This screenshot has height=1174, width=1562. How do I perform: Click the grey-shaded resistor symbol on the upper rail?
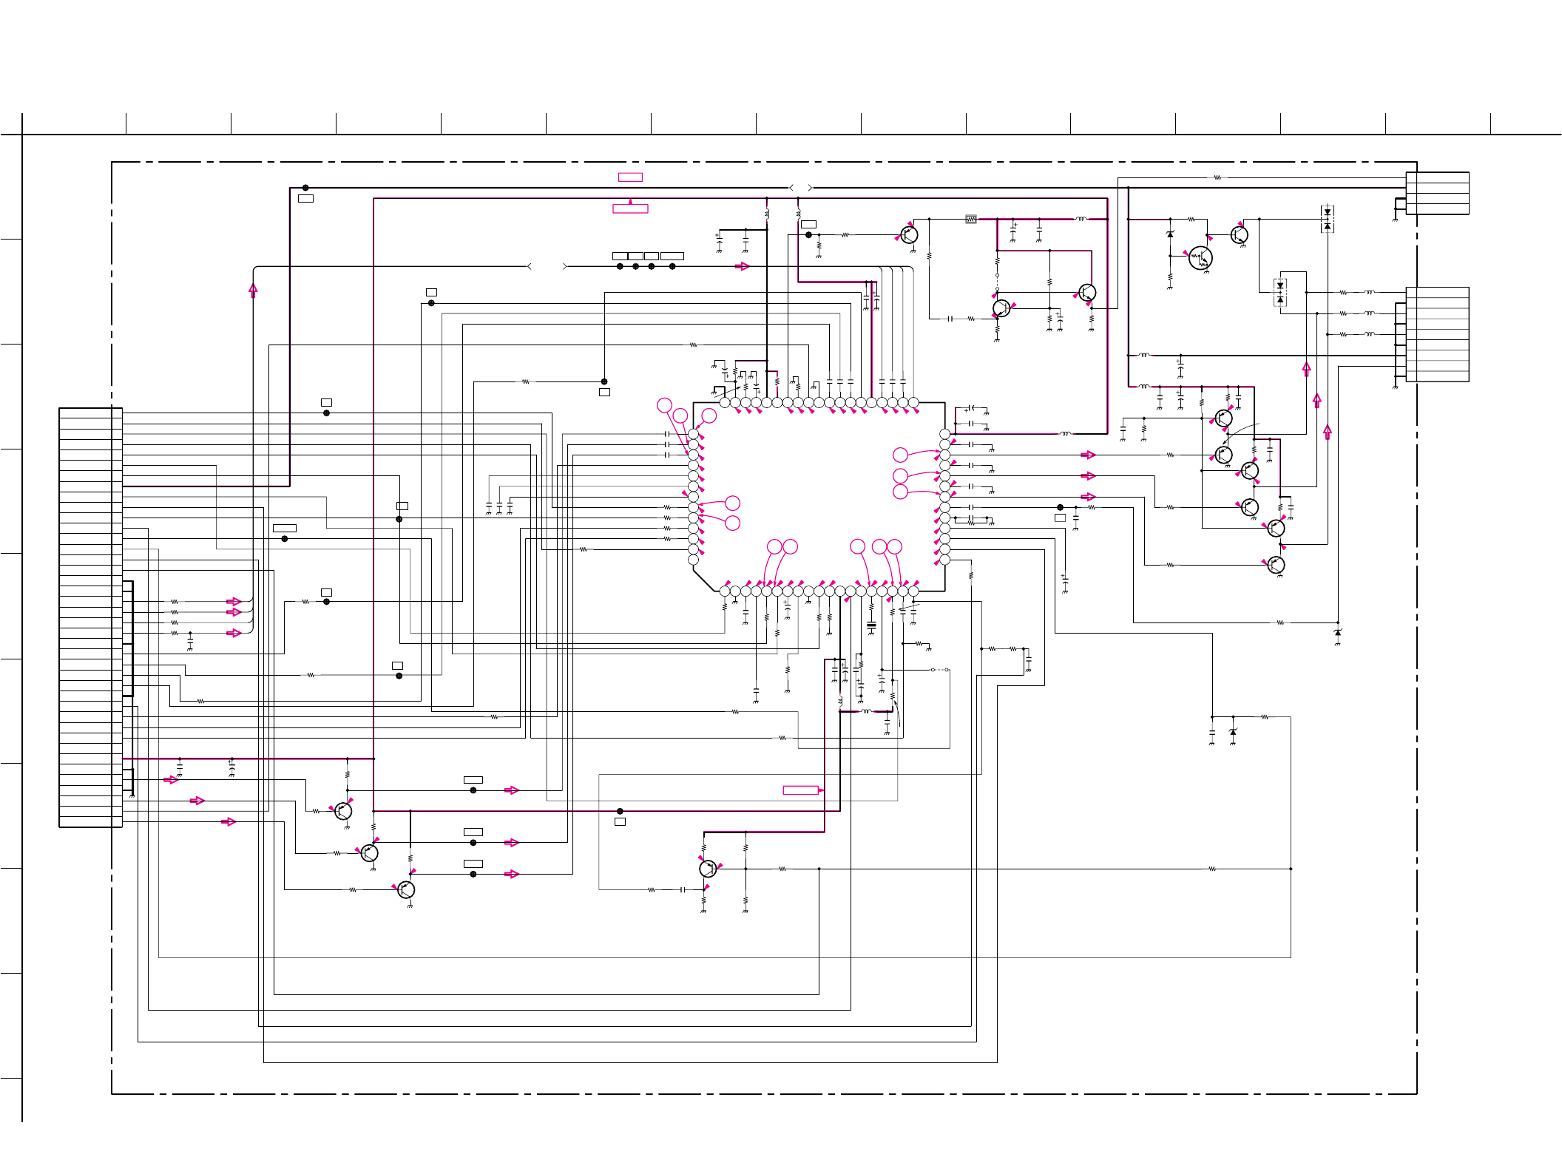click(971, 219)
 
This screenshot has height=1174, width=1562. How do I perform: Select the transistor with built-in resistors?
click(1200, 258)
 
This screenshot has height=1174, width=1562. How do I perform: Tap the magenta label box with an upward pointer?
click(630, 208)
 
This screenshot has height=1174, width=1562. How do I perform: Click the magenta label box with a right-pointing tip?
click(801, 790)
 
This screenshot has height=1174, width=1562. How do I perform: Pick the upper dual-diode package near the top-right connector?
click(1328, 220)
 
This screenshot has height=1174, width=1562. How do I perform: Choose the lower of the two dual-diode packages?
click(1280, 293)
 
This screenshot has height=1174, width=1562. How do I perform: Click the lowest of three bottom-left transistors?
click(406, 889)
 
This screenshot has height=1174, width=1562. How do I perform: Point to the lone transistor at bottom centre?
click(708, 869)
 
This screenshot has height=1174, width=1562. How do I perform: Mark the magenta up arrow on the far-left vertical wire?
click(253, 291)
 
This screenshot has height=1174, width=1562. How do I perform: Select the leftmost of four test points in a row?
click(620, 266)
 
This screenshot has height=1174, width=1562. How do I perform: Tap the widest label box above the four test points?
click(672, 256)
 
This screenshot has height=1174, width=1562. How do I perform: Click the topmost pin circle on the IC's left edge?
click(693, 434)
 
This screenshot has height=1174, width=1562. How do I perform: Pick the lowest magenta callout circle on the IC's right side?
click(900, 492)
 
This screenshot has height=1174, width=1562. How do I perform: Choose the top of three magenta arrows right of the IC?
click(1087, 455)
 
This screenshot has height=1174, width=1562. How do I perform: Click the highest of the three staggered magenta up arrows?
click(1307, 367)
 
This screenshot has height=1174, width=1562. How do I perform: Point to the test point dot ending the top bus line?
click(305, 188)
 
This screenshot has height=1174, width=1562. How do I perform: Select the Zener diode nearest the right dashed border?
click(1337, 634)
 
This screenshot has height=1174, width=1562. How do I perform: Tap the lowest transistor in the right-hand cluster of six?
click(1276, 565)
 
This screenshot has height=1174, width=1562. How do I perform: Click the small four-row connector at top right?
click(1437, 194)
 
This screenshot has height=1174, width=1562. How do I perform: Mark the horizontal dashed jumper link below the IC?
click(939, 670)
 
